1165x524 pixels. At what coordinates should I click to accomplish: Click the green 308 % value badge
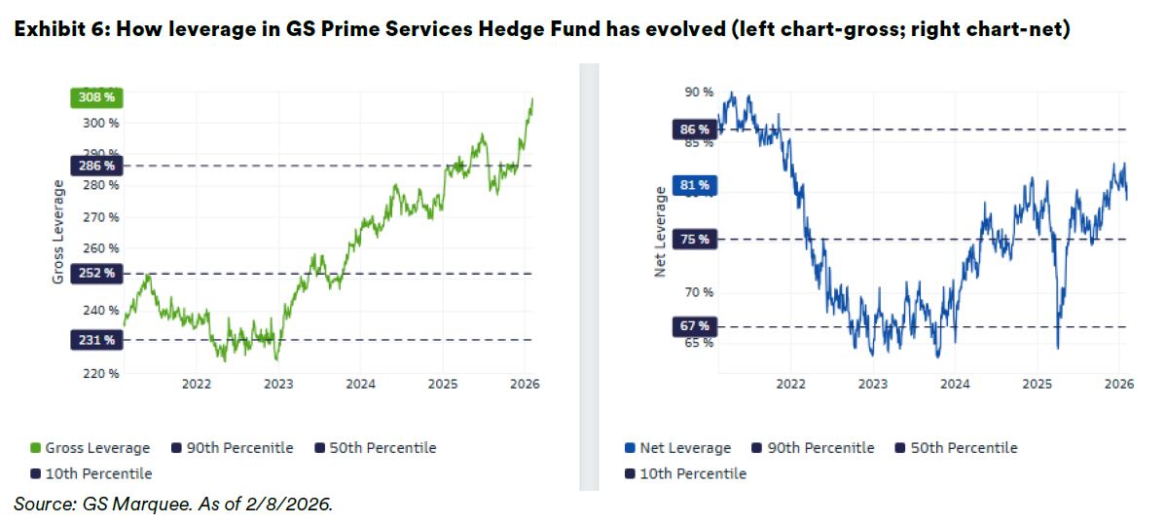click(x=95, y=97)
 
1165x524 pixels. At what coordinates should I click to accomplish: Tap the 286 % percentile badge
click(x=95, y=166)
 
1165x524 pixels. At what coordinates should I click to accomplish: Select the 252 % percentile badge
click(x=95, y=274)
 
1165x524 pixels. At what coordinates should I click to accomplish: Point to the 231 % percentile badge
click(x=95, y=340)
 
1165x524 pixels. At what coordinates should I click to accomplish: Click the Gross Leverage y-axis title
click(x=58, y=234)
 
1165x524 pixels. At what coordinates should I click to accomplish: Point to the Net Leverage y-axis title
click(x=660, y=234)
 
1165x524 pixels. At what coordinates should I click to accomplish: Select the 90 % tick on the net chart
click(x=699, y=93)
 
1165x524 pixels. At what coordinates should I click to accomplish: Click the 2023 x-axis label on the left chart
click(x=278, y=385)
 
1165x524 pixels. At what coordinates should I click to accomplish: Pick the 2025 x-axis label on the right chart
click(x=1037, y=385)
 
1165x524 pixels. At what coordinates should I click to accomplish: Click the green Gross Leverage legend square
click(x=35, y=448)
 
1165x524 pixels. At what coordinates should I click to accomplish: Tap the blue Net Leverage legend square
click(x=630, y=448)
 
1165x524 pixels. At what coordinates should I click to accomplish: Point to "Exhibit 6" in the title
click(x=57, y=30)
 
